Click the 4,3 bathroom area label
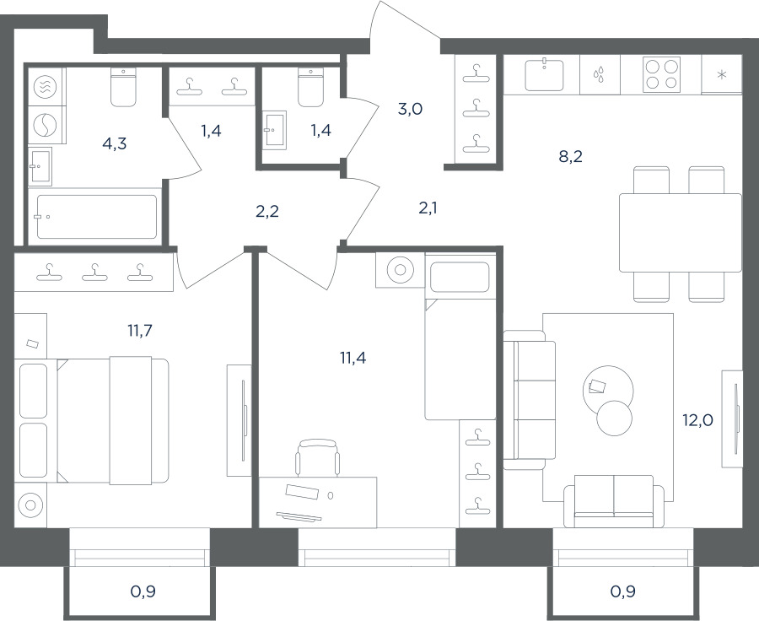coord(115,143)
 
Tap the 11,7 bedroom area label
coord(140,331)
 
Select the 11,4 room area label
coord(353,358)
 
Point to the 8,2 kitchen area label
coord(571,156)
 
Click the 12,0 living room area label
coord(698,420)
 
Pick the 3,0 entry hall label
coord(410,110)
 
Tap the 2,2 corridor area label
coord(267,212)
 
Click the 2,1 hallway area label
coord(428,208)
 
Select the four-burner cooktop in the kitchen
coord(661,74)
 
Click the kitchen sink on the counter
coord(545,74)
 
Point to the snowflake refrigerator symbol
coord(722,75)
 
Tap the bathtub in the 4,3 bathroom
coord(97,217)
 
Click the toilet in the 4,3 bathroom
coord(123,87)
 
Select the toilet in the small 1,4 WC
coord(310,87)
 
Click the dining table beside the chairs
coord(681,233)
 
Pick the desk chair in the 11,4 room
coord(317,458)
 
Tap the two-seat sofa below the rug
coord(614,501)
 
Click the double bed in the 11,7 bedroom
coord(113,420)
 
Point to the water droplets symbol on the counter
coord(600,75)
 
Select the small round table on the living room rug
coord(614,418)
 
